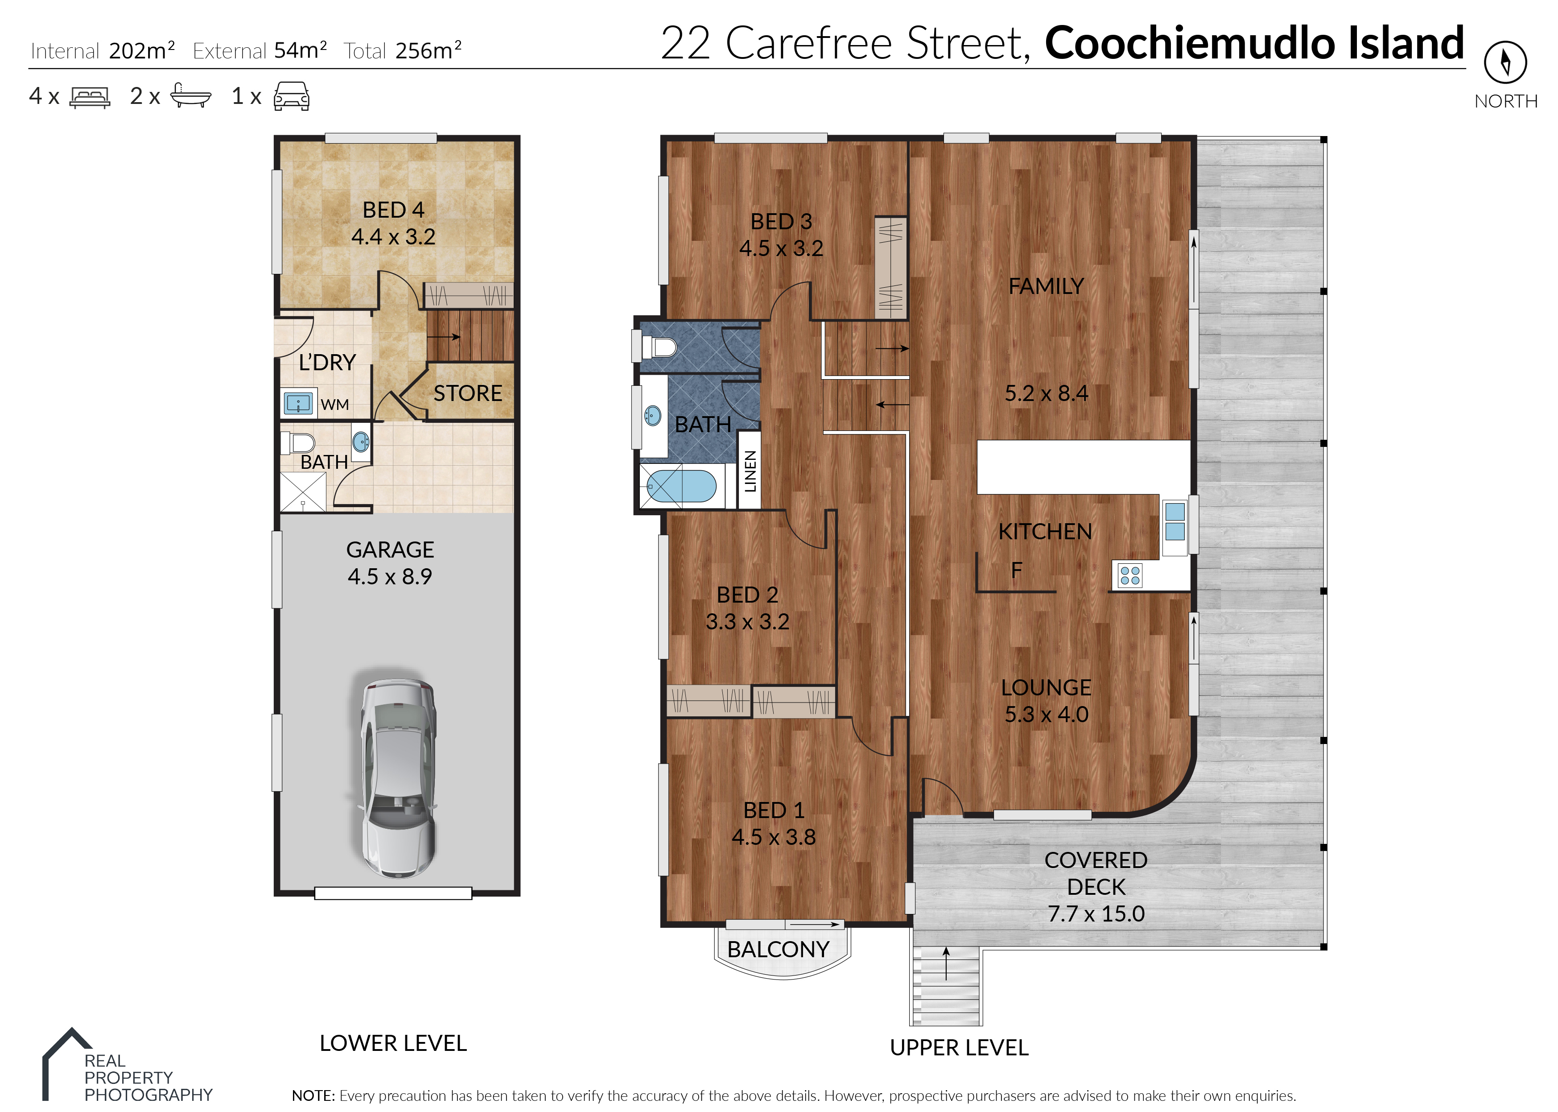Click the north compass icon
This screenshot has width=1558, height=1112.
coord(1505,62)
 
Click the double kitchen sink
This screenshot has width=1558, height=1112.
coord(1175,521)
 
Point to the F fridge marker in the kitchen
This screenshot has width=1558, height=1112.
coord(1017,569)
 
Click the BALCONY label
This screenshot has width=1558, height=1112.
coord(778,949)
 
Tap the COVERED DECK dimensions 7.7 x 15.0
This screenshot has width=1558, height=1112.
coord(1096,914)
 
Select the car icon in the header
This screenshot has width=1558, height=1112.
coord(292,96)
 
